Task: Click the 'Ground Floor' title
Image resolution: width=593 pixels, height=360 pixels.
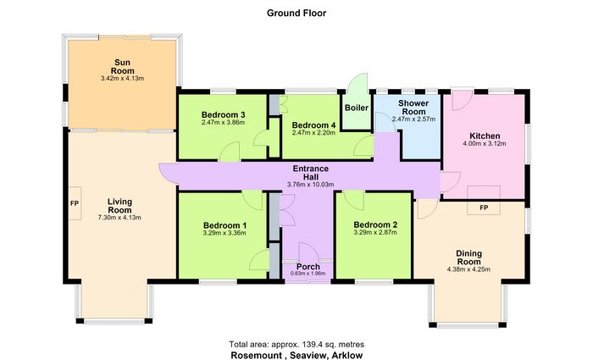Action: pyautogui.click(x=296, y=13)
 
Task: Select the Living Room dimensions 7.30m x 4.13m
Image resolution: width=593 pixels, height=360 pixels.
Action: pyautogui.click(x=119, y=218)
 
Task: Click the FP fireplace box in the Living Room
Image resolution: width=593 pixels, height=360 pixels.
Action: pyautogui.click(x=75, y=203)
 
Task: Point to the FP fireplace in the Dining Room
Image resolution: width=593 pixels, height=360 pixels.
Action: pyautogui.click(x=484, y=201)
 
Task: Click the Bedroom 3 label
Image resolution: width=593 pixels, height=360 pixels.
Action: pyautogui.click(x=223, y=114)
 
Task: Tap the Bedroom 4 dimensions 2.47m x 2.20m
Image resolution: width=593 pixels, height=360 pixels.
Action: pyautogui.click(x=313, y=133)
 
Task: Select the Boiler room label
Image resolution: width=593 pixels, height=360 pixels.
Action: pyautogui.click(x=357, y=108)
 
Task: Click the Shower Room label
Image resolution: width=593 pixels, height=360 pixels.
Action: pyautogui.click(x=413, y=108)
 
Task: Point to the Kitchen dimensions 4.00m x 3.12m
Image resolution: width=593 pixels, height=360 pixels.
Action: pyautogui.click(x=485, y=144)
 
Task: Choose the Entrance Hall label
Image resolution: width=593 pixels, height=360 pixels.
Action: pyautogui.click(x=311, y=173)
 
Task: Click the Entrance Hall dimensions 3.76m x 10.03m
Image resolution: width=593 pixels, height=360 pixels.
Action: pyautogui.click(x=311, y=185)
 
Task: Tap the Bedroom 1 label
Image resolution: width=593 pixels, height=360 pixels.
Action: pyautogui.click(x=224, y=226)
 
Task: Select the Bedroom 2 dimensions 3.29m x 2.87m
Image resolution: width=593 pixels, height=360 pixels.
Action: pyautogui.click(x=375, y=233)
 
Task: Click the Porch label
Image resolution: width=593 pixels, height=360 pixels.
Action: pyautogui.click(x=308, y=267)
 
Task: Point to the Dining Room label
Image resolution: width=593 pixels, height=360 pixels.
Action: pyautogui.click(x=468, y=258)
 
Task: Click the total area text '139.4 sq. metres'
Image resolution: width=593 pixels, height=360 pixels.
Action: pyautogui.click(x=333, y=344)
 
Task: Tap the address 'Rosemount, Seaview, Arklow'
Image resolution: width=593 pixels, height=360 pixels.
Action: pyautogui.click(x=296, y=355)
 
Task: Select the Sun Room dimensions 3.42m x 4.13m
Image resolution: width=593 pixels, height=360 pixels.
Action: pyautogui.click(x=122, y=79)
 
